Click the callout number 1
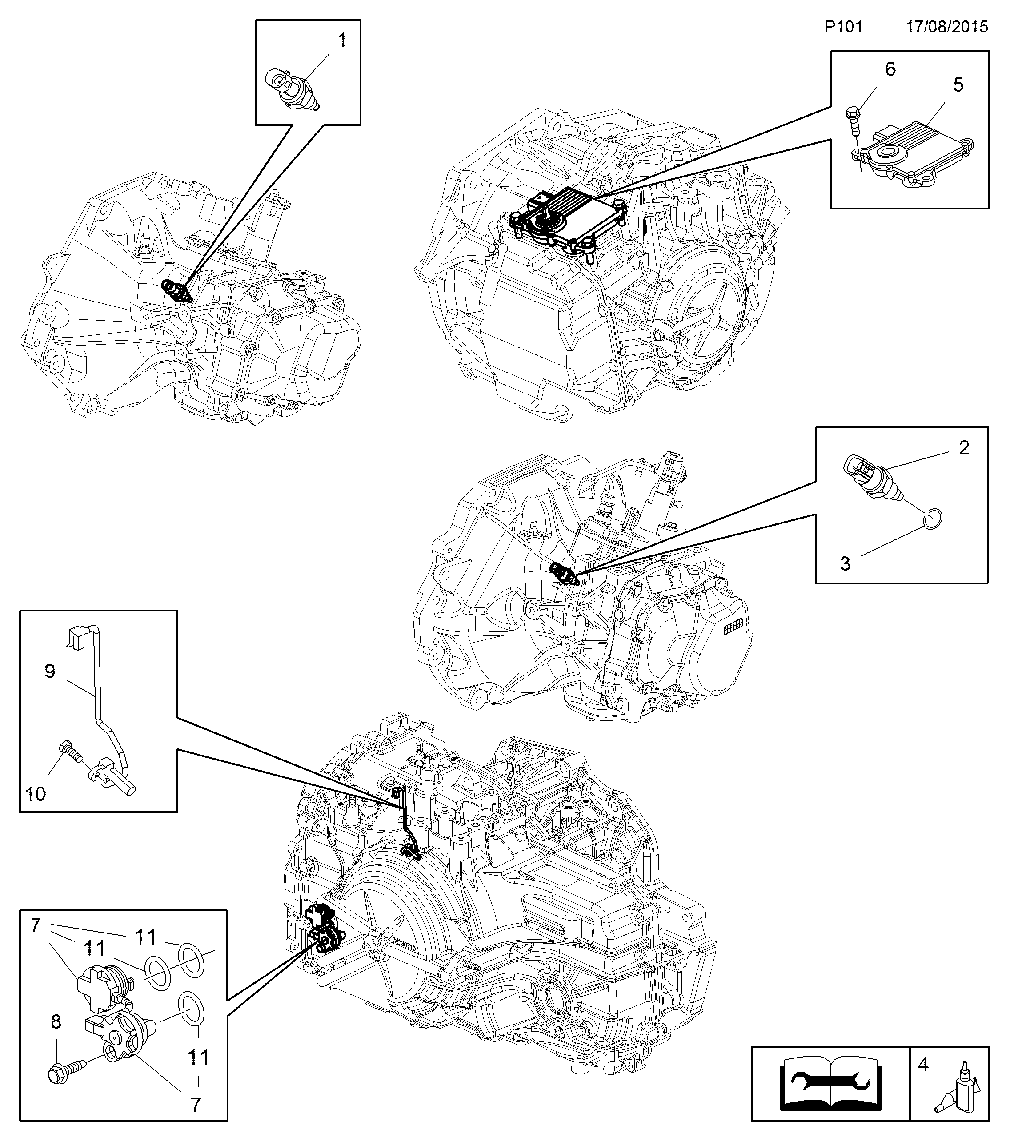pos(341,40)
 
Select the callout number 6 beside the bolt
pos(890,69)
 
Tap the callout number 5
pos(958,85)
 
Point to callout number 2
pos(964,447)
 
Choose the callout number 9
pos(50,671)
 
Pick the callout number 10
pos(36,793)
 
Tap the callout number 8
pos(56,1022)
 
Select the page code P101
pos(844,27)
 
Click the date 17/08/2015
pos(947,27)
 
